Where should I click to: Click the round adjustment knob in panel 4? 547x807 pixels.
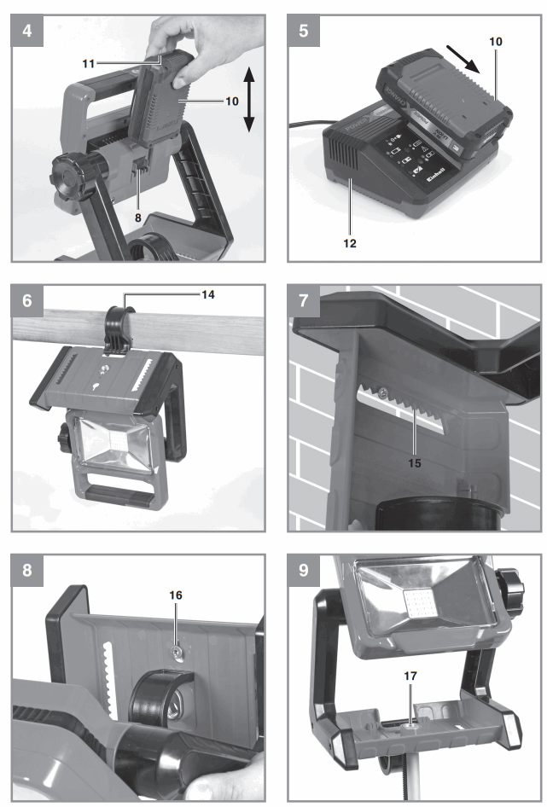[x=67, y=175]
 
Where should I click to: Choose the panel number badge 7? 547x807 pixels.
[x=303, y=300]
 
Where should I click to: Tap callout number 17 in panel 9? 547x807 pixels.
[x=412, y=675]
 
